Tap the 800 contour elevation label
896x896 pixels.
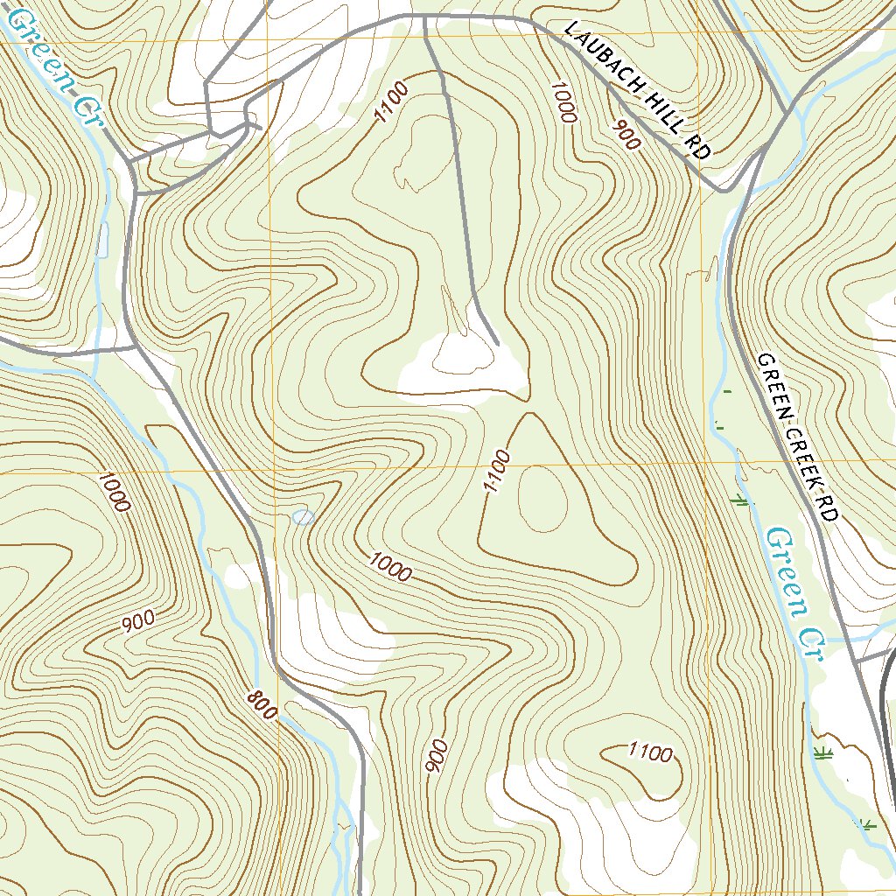(x=262, y=704)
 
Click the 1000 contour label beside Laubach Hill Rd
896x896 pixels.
(x=563, y=101)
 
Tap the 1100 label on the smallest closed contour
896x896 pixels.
(x=650, y=752)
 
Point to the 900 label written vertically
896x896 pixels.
(x=437, y=756)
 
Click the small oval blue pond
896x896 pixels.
(x=303, y=517)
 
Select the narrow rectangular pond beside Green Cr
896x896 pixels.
(x=104, y=240)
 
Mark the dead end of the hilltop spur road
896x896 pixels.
(x=497, y=344)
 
